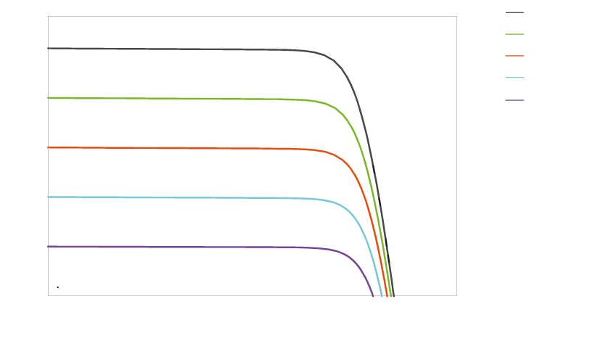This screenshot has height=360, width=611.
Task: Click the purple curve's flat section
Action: pos(181,247)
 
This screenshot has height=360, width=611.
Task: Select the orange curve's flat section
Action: pos(181,148)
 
